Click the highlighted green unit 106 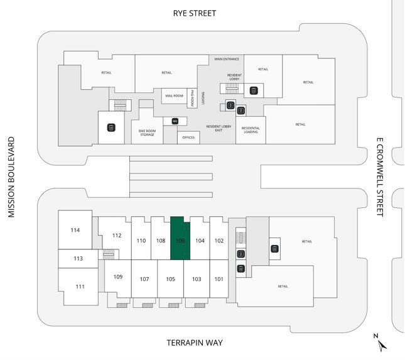(x=180, y=239)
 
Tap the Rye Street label (x=194, y=13)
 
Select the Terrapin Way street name (x=195, y=342)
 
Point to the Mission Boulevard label (x=10, y=178)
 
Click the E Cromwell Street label (x=379, y=177)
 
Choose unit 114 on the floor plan (x=75, y=230)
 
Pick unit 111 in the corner (x=80, y=286)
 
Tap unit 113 (x=78, y=258)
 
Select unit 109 (x=117, y=276)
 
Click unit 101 (x=219, y=278)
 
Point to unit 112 (x=116, y=236)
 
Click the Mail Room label (x=174, y=95)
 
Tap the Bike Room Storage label (x=147, y=133)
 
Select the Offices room (x=188, y=137)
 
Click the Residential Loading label (x=251, y=130)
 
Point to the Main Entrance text (x=227, y=59)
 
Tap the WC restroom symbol (x=175, y=120)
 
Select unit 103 (x=197, y=278)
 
